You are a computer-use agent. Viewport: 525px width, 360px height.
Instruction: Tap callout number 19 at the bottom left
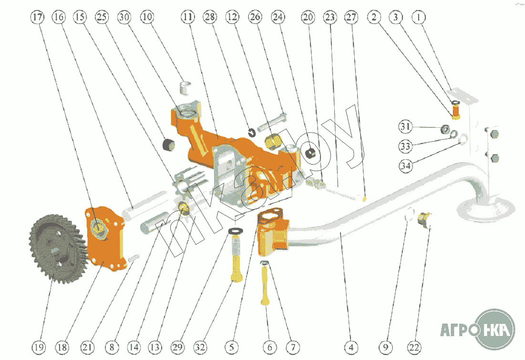[x=39, y=347]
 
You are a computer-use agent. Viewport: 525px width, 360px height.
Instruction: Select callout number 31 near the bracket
[x=405, y=126]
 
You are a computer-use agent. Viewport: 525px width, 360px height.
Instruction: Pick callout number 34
[x=405, y=166]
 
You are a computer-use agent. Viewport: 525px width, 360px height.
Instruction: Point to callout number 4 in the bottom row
[x=350, y=347]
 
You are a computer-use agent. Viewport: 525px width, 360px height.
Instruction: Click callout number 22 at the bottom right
[x=414, y=347]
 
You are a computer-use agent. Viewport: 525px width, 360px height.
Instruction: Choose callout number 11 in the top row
[x=188, y=17]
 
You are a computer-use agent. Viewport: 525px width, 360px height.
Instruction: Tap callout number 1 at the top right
[x=419, y=17]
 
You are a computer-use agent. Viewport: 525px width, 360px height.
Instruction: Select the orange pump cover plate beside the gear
[x=106, y=238]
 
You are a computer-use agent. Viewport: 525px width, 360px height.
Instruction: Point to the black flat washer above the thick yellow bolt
[x=236, y=231]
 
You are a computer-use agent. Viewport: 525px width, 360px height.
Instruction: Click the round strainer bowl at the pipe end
[x=485, y=208]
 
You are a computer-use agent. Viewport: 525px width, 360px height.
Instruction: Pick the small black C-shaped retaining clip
[x=252, y=133]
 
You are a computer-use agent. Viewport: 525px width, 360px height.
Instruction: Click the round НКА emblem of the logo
[x=495, y=329]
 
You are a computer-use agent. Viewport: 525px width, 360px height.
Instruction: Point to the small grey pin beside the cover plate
[x=134, y=258]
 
